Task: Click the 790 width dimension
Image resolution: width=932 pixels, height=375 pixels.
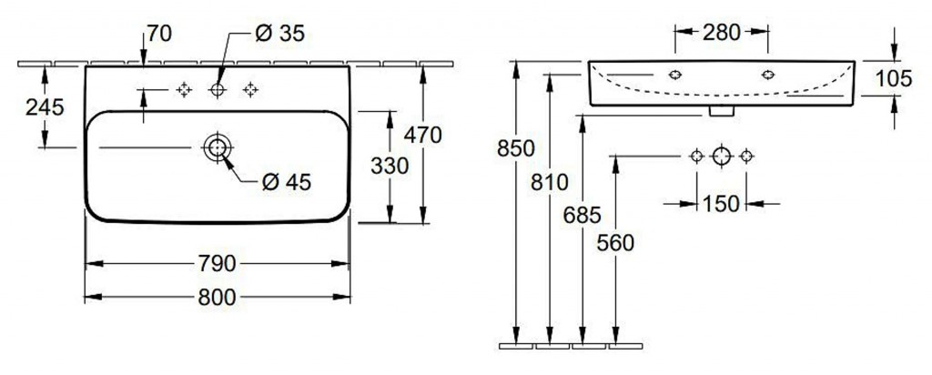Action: pos(217,264)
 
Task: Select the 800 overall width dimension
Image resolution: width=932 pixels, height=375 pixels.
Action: pos(217,297)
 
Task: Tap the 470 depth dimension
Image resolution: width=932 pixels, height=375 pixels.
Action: pos(424,135)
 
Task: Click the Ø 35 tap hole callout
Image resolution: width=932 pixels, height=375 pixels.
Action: pos(279,35)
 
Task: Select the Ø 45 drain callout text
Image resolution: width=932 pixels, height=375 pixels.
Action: pos(286,182)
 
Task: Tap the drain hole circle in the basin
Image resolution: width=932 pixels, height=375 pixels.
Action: pos(217,147)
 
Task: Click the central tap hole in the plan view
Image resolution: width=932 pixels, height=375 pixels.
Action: pos(217,89)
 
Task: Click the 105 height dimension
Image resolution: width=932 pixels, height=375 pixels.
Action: pos(894,78)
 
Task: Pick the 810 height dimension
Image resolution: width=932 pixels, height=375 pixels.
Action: pos(549,182)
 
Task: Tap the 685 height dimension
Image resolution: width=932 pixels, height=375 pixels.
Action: pos(582,216)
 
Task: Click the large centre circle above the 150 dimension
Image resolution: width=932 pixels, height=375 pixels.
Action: pos(721,157)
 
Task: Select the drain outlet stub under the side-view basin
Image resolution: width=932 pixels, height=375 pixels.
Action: pos(721,110)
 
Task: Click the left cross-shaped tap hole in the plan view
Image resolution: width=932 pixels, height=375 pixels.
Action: pos(184,89)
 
